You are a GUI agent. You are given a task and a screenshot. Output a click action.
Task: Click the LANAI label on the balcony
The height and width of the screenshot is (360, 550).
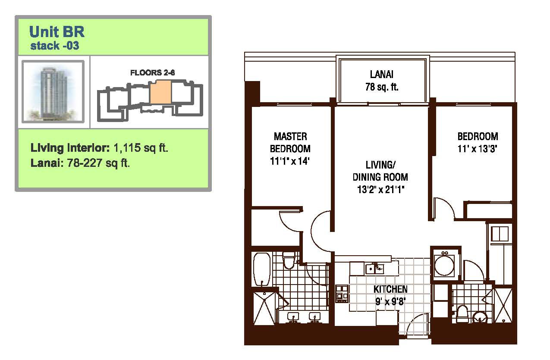(x=382, y=74)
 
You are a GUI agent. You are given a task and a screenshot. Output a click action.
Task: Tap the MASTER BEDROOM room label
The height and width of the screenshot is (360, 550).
(x=290, y=143)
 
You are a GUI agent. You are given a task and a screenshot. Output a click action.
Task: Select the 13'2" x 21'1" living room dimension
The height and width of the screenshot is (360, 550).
(x=380, y=189)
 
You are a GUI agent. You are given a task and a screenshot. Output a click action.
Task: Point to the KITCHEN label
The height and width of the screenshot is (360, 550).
(x=390, y=289)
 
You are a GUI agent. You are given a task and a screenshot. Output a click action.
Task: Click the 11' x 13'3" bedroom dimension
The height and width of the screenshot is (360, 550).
(x=478, y=149)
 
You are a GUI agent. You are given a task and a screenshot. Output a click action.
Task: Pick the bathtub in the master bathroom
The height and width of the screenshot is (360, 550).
(x=262, y=269)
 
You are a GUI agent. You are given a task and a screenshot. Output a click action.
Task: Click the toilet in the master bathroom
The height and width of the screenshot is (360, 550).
(x=288, y=260)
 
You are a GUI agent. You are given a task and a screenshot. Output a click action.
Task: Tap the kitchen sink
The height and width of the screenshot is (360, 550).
(x=374, y=269)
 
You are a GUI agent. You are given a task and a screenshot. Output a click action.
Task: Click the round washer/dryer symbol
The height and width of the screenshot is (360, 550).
(x=444, y=266)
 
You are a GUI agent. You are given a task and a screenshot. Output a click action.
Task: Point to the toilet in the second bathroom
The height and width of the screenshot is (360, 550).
(x=462, y=314)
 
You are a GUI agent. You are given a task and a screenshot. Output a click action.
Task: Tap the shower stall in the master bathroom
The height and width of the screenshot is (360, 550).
(x=264, y=308)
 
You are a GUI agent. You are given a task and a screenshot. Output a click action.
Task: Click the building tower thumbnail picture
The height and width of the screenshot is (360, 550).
(x=53, y=91)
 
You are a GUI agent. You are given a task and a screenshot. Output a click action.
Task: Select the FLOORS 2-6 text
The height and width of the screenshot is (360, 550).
(x=152, y=72)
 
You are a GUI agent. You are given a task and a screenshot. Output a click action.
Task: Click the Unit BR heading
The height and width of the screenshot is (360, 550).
(x=57, y=32)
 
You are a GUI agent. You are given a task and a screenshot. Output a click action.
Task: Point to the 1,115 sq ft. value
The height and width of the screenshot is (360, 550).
(x=141, y=148)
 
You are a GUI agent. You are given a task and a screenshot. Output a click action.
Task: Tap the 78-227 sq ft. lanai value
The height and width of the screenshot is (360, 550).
(x=98, y=163)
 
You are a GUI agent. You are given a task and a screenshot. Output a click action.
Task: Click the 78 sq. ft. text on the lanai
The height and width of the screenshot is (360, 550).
(x=382, y=87)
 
